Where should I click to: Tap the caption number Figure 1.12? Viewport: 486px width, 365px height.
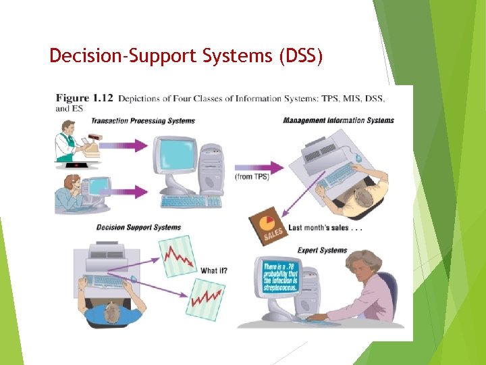[x=84, y=99]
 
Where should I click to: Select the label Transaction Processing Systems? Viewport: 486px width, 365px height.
[x=143, y=122]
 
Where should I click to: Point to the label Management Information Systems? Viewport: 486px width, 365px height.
[x=338, y=121]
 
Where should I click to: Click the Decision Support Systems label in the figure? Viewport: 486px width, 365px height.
[x=138, y=227]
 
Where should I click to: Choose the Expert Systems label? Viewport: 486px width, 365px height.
[x=322, y=251]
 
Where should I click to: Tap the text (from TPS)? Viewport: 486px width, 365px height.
[x=252, y=176]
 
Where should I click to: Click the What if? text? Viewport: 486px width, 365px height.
[x=214, y=271]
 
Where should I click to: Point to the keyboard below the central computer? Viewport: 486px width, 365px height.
[x=191, y=201]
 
